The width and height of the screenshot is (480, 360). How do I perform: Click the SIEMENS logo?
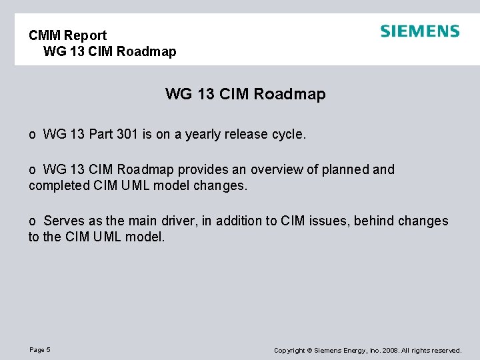[x=420, y=31]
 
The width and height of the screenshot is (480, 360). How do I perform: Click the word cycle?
[x=289, y=134]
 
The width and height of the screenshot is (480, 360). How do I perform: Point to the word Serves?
[x=64, y=221]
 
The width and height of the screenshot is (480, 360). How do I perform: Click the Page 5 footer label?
[x=40, y=350]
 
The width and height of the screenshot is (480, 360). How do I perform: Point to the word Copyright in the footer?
[x=290, y=350]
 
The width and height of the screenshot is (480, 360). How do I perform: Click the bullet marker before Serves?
[x=32, y=221]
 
